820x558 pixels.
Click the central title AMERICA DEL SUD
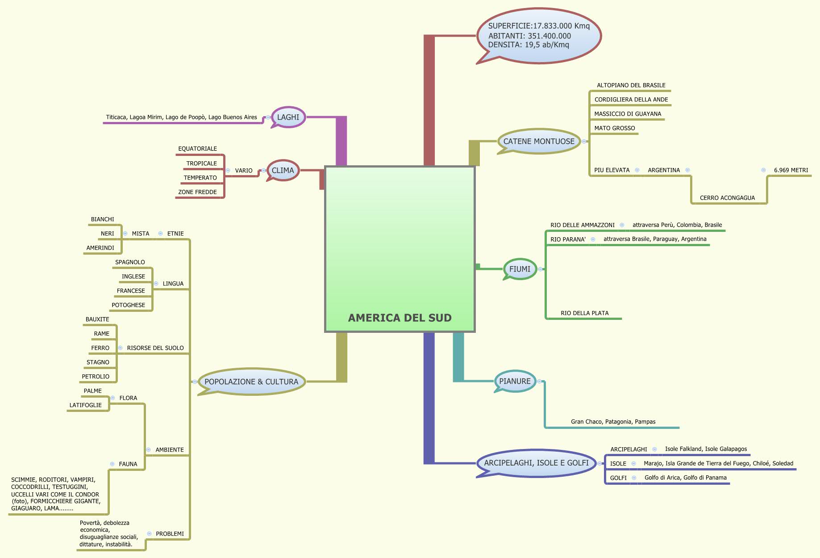(400, 318)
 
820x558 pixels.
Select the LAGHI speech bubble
(288, 117)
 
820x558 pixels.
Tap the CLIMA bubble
(283, 170)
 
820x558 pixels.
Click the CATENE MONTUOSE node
(539, 141)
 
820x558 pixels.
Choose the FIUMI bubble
(520, 269)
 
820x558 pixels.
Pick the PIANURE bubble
(515, 381)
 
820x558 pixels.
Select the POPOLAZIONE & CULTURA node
(251, 382)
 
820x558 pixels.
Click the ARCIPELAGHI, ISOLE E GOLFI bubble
(536, 463)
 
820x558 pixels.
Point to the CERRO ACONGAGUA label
(727, 198)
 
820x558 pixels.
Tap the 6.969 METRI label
(791, 170)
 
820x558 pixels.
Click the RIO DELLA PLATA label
(584, 313)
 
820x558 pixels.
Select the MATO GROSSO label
(614, 128)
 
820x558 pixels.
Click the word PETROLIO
(96, 377)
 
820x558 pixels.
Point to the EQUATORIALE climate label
(197, 149)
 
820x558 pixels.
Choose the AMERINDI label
(100, 248)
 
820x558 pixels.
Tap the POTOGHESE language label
(128, 305)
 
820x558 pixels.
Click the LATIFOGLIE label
(85, 405)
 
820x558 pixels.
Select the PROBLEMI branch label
(170, 534)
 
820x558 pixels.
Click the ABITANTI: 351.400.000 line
(529, 36)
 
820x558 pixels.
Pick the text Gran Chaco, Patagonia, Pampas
(613, 422)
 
